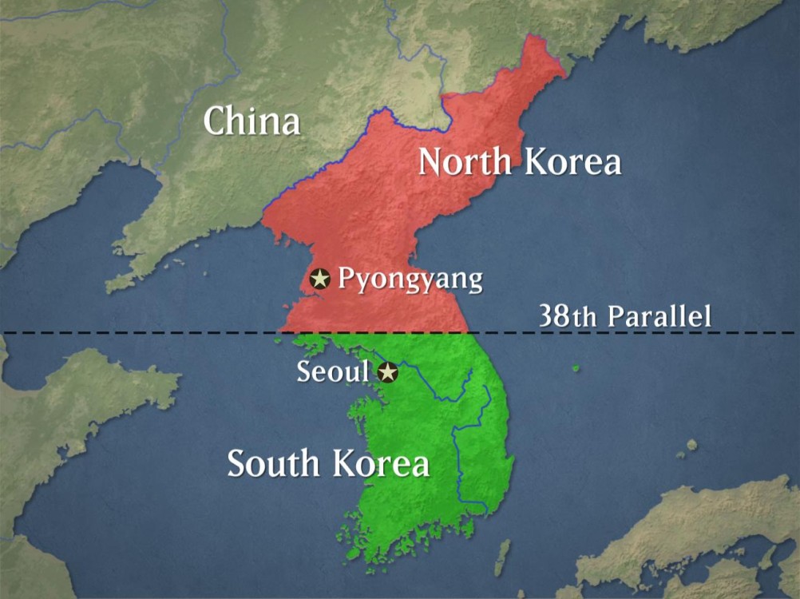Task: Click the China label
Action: click(251, 121)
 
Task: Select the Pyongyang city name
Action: click(410, 280)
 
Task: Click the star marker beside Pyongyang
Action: click(320, 279)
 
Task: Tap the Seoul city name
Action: click(333, 372)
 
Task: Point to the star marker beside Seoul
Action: click(387, 372)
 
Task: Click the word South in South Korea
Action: click(274, 463)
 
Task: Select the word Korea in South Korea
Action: click(380, 463)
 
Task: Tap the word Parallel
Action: click(659, 315)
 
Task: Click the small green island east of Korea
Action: click(575, 368)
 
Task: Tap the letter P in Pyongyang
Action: click(346, 279)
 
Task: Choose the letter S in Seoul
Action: click(303, 372)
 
